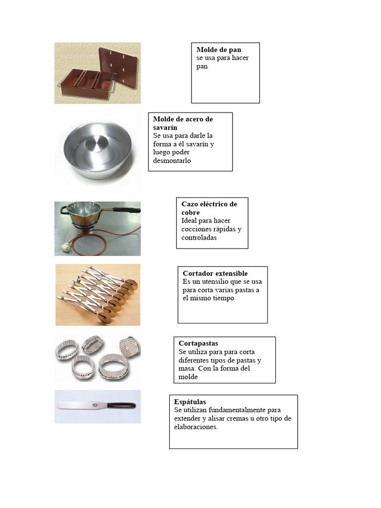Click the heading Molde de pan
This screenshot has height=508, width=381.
click(219, 50)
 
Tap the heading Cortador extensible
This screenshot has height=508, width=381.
click(215, 273)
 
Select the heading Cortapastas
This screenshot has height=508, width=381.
click(198, 343)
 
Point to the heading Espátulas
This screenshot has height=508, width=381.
click(190, 402)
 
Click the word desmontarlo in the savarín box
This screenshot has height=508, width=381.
click(172, 161)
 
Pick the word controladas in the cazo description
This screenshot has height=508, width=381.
click(199, 238)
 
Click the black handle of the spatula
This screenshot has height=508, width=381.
click(122, 405)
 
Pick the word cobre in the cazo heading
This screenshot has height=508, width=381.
click(190, 212)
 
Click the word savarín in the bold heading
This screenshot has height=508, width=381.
click(165, 127)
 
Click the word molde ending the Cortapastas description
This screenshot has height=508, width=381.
click(188, 377)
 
